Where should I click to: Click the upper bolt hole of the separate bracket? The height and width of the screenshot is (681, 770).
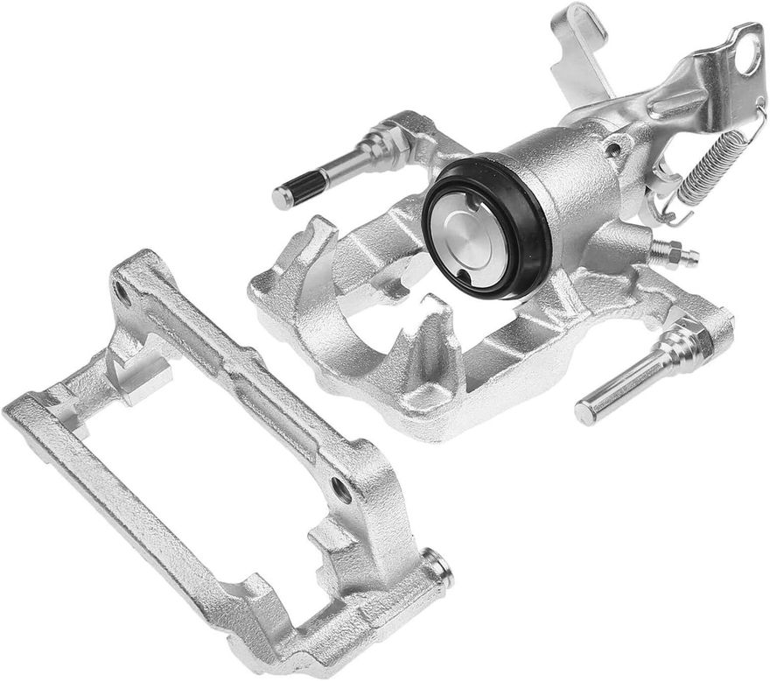(x=122, y=294)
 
